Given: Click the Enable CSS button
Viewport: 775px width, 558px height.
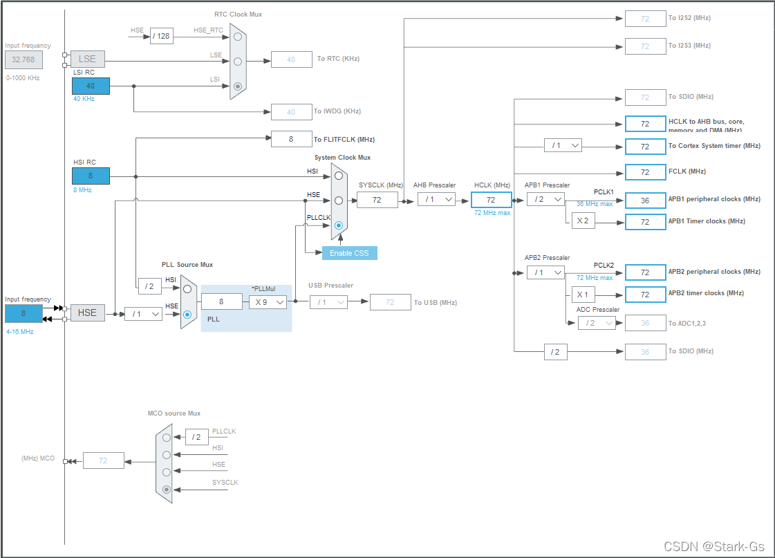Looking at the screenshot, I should [x=349, y=253].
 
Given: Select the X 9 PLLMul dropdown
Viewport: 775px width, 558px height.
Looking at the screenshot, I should [x=268, y=301].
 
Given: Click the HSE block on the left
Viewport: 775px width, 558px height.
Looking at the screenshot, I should [x=87, y=313].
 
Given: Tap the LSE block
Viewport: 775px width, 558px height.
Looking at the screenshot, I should [x=87, y=59].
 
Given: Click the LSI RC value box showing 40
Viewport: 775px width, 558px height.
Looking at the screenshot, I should [x=91, y=86].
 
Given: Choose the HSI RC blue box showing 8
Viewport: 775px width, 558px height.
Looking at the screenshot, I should [x=91, y=176].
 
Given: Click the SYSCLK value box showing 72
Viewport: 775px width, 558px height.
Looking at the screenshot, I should [x=377, y=200].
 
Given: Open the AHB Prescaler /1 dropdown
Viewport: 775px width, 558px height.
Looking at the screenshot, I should [x=436, y=199].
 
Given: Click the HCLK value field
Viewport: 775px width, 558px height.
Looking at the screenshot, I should [x=491, y=200].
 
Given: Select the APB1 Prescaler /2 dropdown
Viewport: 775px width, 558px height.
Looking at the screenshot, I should [x=545, y=199].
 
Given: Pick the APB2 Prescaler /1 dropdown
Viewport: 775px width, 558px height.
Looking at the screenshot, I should [x=545, y=272].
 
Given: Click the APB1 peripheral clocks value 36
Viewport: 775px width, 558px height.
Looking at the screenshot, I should [x=644, y=201].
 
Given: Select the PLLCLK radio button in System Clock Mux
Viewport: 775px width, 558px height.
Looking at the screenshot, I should [x=339, y=225].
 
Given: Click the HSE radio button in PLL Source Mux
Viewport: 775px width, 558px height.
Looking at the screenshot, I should [x=187, y=314].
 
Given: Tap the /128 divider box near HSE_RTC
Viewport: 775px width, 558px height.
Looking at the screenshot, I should [x=161, y=36].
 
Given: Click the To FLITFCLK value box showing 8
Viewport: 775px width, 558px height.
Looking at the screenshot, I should [x=291, y=139].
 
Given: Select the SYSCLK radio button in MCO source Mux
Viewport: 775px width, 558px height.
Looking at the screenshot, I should [x=166, y=490].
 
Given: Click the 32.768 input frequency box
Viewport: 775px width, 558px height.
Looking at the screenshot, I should [x=24, y=59].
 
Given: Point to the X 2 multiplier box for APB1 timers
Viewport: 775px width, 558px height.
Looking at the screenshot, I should [x=582, y=221].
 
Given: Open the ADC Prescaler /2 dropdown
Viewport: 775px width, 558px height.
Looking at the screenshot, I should [x=596, y=322].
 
